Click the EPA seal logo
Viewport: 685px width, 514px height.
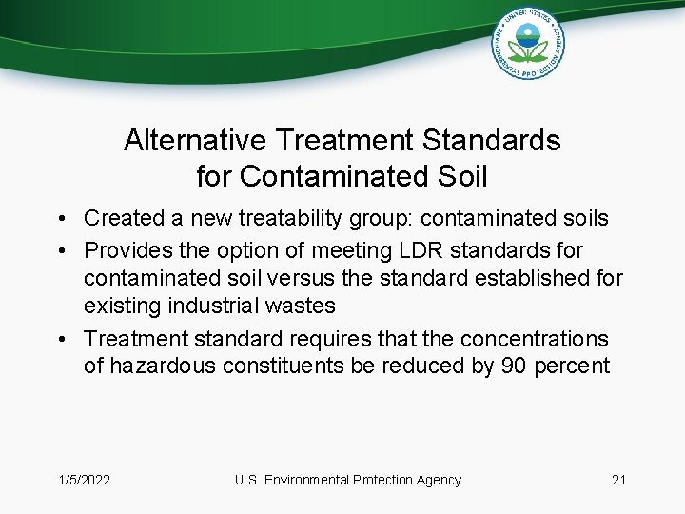pos(528,44)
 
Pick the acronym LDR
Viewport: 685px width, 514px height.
pos(424,250)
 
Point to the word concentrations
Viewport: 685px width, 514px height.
pos(534,339)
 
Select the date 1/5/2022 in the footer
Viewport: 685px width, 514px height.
pos(84,480)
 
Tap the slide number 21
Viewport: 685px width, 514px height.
pos(618,480)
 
